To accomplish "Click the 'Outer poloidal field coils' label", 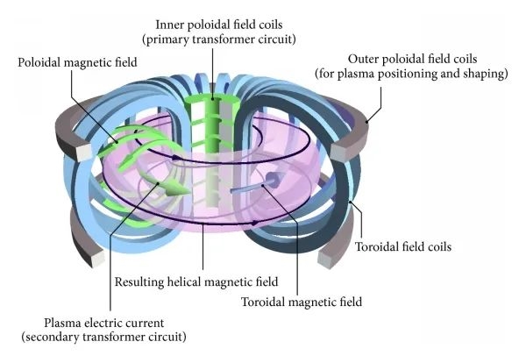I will click(412, 59).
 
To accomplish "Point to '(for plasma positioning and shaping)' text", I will click(412, 75).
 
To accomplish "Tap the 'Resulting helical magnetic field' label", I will click(196, 281).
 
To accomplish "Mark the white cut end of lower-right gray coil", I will click(333, 260).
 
